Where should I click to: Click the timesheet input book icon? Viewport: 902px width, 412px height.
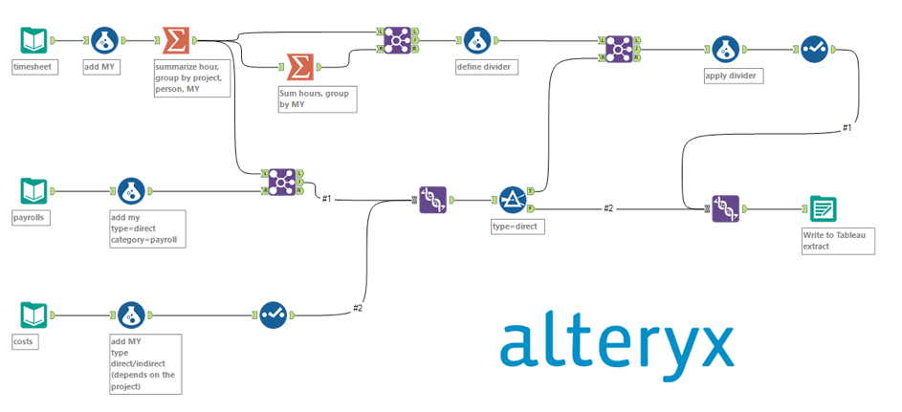[33, 41]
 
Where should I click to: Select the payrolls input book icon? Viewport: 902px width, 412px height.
[33, 191]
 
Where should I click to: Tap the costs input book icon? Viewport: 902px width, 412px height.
[33, 314]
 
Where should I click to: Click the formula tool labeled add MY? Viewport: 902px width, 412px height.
[104, 41]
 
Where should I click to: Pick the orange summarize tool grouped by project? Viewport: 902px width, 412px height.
[175, 41]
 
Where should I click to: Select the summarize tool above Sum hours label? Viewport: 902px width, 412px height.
[299, 67]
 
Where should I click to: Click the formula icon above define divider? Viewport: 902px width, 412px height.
[475, 41]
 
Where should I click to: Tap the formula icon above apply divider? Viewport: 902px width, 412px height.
[725, 49]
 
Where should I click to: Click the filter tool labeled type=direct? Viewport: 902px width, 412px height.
[513, 200]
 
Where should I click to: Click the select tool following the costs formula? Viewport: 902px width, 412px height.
[273, 314]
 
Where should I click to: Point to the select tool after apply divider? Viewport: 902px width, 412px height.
[814, 49]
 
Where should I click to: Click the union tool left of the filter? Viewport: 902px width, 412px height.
[433, 200]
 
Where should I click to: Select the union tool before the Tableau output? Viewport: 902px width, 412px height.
[725, 207]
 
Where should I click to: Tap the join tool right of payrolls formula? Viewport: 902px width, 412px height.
[281, 182]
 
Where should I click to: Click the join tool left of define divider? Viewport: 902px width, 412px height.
[393, 41]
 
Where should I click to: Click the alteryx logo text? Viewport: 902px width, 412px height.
[617, 346]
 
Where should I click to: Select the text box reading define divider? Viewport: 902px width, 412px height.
[488, 67]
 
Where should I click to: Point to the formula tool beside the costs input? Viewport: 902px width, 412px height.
[131, 314]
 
